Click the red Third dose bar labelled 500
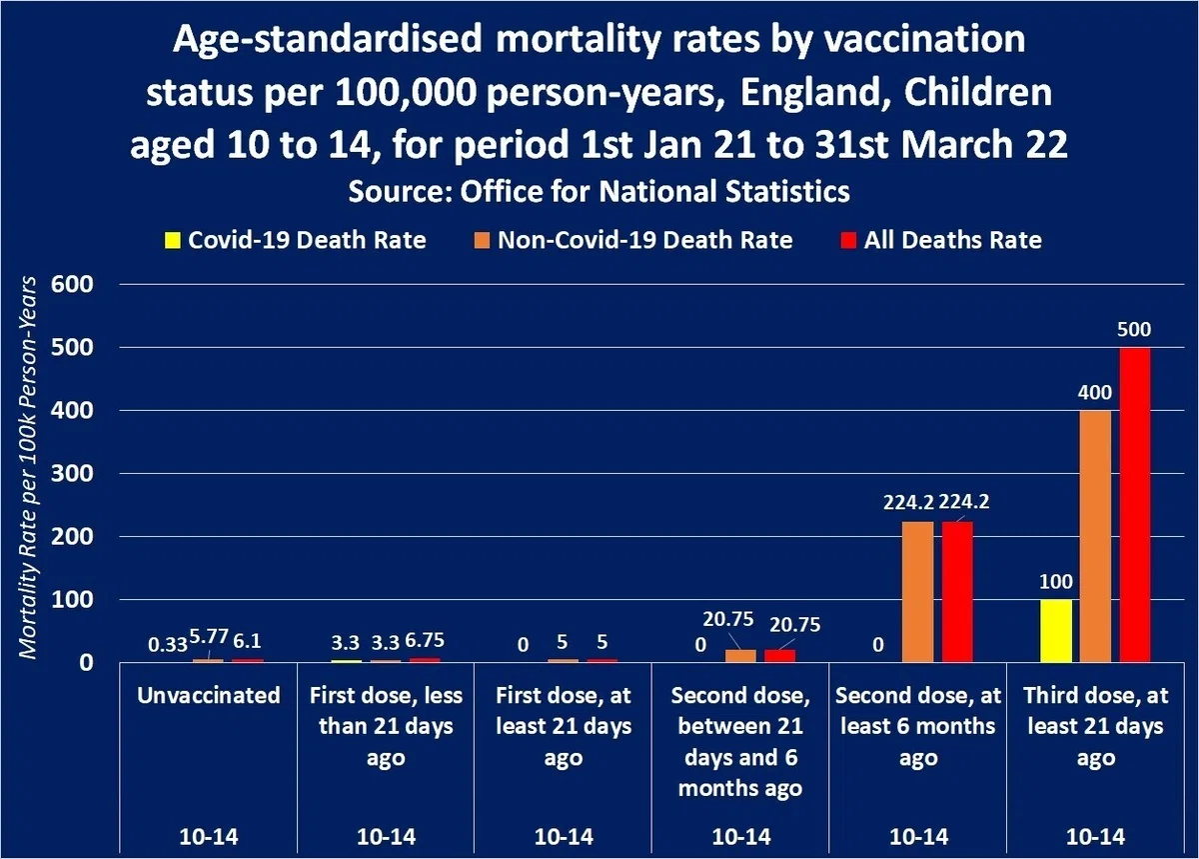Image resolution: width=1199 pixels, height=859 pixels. (x=1135, y=505)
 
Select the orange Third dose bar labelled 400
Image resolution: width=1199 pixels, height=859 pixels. (x=1095, y=536)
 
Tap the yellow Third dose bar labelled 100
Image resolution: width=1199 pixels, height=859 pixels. (x=1056, y=631)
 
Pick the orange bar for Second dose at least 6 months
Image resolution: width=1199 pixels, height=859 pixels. (x=918, y=592)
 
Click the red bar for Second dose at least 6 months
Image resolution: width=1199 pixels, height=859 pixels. (x=957, y=592)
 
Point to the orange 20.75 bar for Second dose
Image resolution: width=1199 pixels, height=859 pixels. (x=740, y=656)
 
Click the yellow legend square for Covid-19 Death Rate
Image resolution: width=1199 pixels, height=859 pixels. (x=172, y=240)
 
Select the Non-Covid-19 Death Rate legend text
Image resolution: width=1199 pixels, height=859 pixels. (x=645, y=240)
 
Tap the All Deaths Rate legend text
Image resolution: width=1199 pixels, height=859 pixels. (x=953, y=240)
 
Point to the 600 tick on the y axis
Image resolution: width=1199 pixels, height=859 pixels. (x=72, y=284)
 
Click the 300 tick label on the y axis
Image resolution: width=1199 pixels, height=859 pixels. (x=72, y=473)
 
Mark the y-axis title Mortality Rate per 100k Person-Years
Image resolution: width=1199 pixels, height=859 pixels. (x=28, y=467)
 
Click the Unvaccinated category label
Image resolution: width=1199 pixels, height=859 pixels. (x=208, y=696)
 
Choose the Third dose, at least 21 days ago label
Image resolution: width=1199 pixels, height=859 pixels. (x=1096, y=727)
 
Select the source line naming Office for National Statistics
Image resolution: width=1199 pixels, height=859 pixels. (x=599, y=191)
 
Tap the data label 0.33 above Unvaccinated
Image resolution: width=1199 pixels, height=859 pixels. (x=168, y=645)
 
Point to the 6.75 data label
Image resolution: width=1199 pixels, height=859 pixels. (x=425, y=640)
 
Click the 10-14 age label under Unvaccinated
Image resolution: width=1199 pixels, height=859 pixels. (x=208, y=836)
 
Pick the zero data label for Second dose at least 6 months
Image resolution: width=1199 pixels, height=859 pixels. (x=878, y=645)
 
